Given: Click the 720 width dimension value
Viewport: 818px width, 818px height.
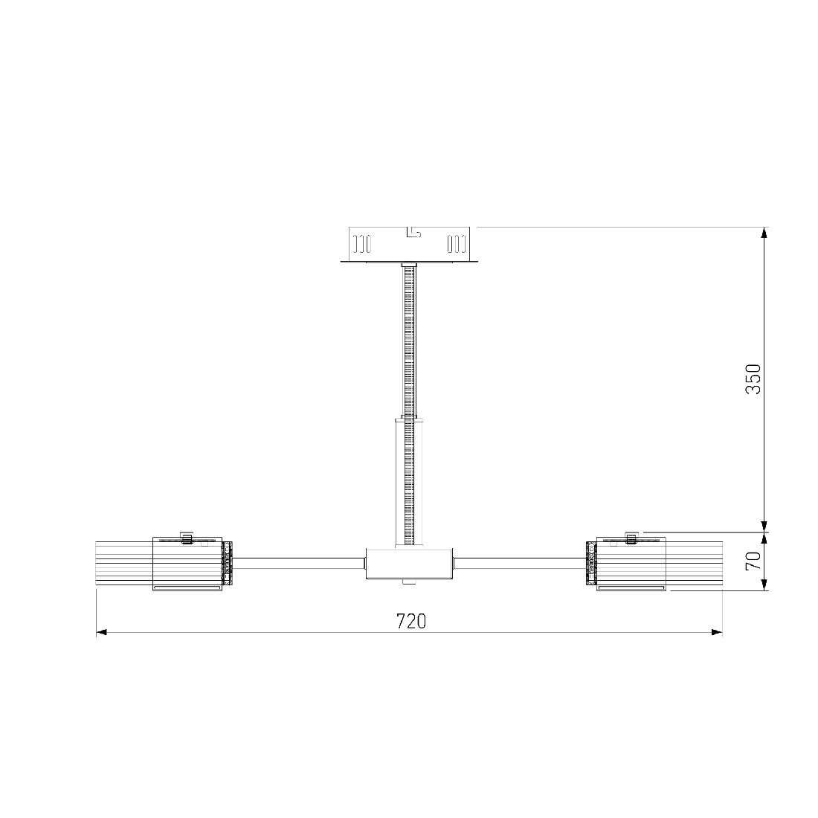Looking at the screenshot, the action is (x=411, y=621).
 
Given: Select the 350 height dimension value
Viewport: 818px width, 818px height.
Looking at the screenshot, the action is (x=753, y=379).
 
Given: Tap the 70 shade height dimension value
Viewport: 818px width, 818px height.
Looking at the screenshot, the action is (x=753, y=561).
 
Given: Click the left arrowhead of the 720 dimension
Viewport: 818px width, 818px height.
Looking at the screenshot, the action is (x=102, y=632).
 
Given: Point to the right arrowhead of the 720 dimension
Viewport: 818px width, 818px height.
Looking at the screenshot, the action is (x=717, y=632).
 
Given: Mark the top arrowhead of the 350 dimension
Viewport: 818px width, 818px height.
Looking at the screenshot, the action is (x=764, y=233).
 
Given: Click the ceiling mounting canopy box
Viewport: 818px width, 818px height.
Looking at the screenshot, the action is (x=409, y=245).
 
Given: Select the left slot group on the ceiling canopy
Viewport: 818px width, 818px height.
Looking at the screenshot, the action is (x=362, y=244).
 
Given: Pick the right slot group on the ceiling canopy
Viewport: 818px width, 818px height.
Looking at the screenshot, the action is (x=456, y=244).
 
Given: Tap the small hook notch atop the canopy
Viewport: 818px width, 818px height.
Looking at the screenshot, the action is (x=413, y=232).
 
